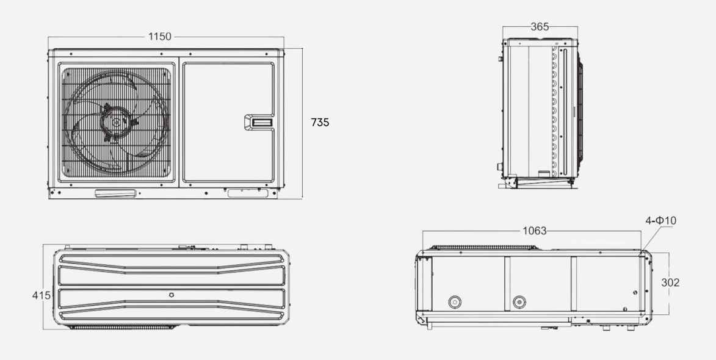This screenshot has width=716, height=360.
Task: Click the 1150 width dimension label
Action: click(x=160, y=37)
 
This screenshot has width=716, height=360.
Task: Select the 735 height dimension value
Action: click(x=320, y=122)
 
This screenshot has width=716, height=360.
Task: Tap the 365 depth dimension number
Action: click(x=540, y=27)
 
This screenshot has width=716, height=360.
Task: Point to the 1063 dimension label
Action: click(x=534, y=231)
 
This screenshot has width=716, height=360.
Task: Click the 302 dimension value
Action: click(x=670, y=283)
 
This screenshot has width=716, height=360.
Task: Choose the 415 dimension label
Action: click(x=41, y=295)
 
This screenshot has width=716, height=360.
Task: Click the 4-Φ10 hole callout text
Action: click(x=660, y=220)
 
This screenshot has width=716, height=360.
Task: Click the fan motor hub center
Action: click(x=116, y=122)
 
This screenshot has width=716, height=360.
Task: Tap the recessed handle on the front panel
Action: click(x=259, y=122)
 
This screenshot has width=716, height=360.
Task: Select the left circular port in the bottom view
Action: click(x=454, y=302)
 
